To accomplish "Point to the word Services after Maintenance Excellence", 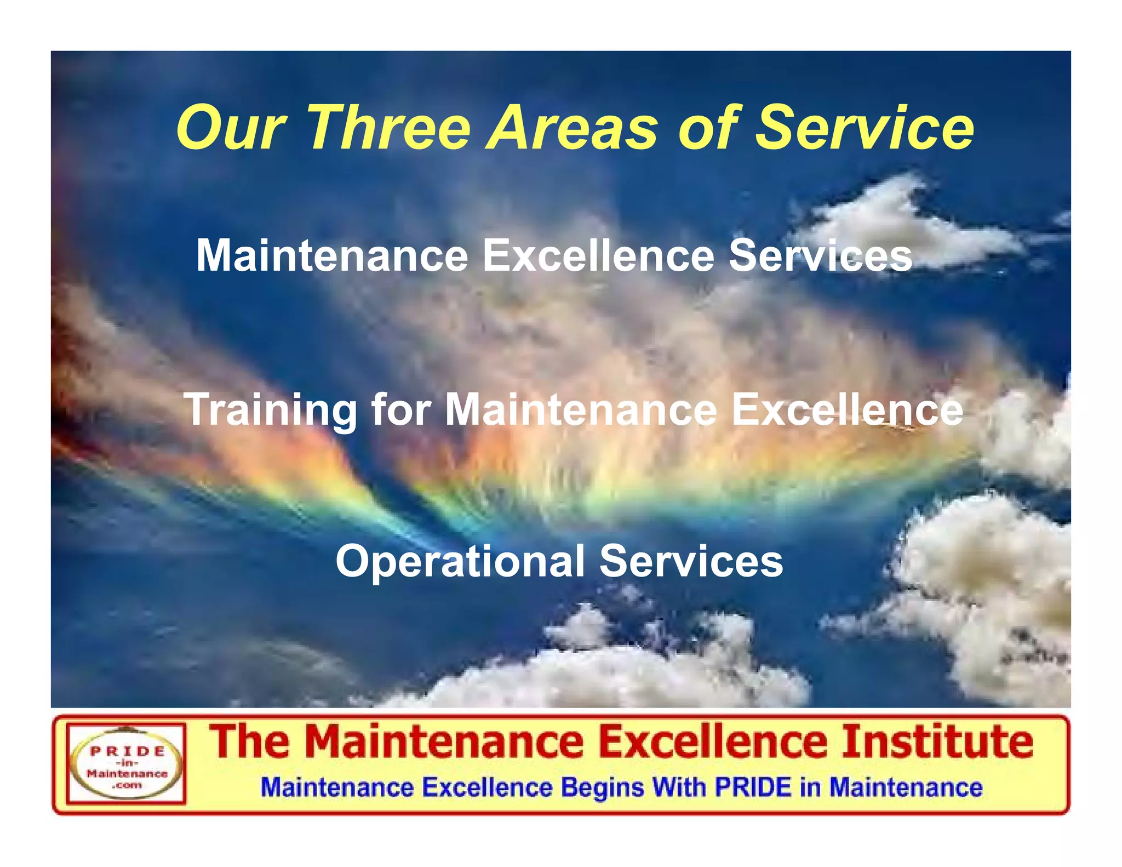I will click(x=820, y=255).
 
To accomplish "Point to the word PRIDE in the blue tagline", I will click(x=753, y=787).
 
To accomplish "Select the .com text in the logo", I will click(x=127, y=785).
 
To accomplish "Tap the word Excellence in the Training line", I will click(x=847, y=410).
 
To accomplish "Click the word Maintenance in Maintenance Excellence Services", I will click(x=332, y=255).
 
